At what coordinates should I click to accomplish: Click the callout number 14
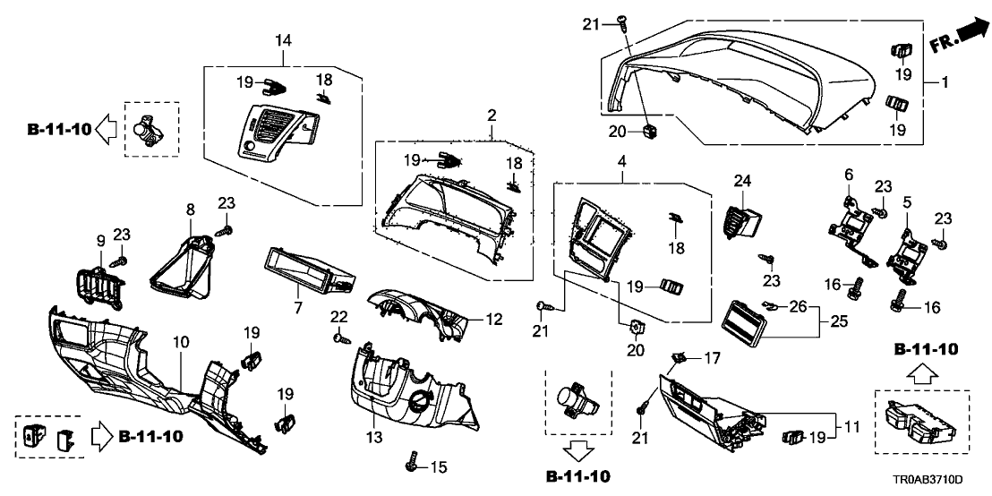pyautogui.click(x=283, y=40)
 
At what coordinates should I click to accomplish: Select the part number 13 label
pyautogui.click(x=372, y=437)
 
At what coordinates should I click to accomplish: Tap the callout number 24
pyautogui.click(x=741, y=181)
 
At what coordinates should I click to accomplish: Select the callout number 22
pyautogui.click(x=338, y=316)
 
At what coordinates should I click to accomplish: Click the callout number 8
pyautogui.click(x=190, y=210)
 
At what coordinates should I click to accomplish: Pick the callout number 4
pyautogui.click(x=594, y=163)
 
